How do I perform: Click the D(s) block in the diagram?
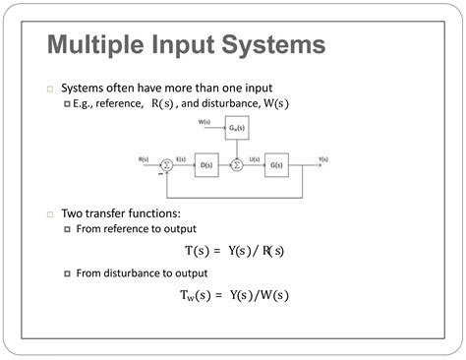(x=206, y=164)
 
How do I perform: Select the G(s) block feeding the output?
(x=275, y=164)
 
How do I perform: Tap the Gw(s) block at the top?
(x=236, y=127)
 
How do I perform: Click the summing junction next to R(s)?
(x=167, y=164)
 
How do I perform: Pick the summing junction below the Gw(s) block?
(x=236, y=164)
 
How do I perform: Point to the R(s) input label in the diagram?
(x=144, y=158)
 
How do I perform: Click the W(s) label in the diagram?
(x=204, y=121)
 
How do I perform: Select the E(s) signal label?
(x=181, y=158)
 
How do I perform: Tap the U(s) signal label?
(x=254, y=158)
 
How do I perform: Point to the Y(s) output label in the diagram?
(x=322, y=158)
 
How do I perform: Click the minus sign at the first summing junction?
(x=159, y=174)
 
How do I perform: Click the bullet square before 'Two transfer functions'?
(x=50, y=213)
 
